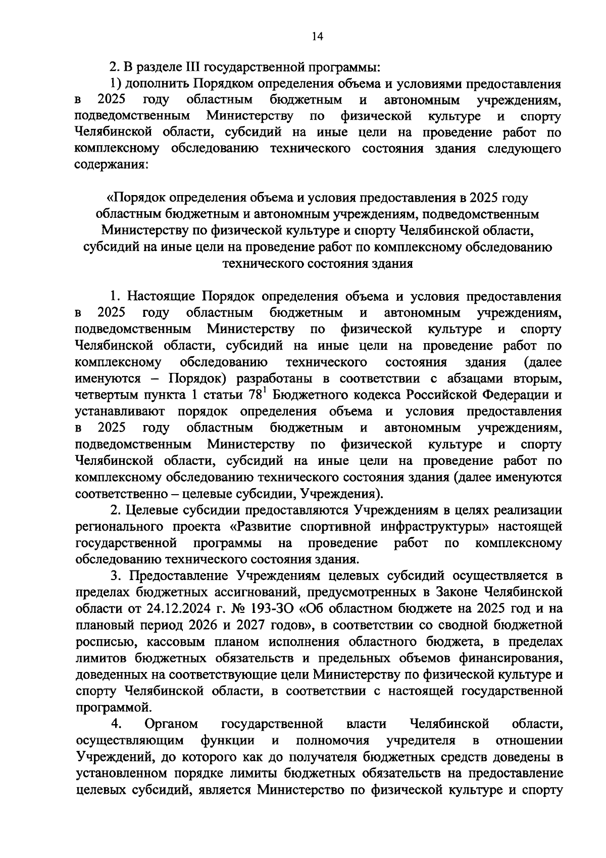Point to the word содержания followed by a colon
click(112, 165)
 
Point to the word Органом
click(171, 724)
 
